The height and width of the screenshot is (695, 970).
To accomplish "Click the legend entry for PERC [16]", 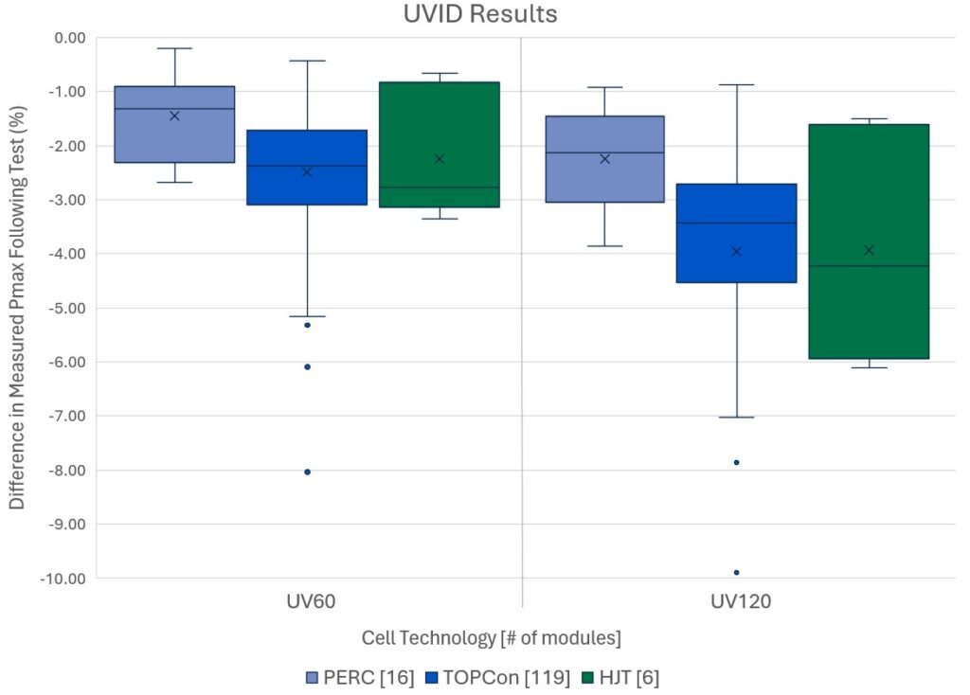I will pos(359,677).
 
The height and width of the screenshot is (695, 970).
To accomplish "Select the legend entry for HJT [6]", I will pos(628,677).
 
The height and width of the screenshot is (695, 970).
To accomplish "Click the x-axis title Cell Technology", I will pos(491,637).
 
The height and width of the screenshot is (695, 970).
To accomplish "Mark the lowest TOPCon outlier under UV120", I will pos(736,572).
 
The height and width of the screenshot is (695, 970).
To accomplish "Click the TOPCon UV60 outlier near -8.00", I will pos(307,472).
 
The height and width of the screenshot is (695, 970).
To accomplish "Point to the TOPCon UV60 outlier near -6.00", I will pos(307,366).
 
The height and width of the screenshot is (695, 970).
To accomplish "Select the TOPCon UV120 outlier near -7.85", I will pos(736,462).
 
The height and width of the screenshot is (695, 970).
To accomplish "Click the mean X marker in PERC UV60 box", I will pos(174,116).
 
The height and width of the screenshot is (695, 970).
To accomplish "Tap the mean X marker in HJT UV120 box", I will pos(869,250).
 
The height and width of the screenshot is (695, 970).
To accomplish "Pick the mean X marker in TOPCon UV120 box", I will pos(736,251).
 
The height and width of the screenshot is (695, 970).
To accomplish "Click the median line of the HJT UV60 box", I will pos(439,187).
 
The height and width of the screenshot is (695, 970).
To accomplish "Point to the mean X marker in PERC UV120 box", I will pos(604,158).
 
